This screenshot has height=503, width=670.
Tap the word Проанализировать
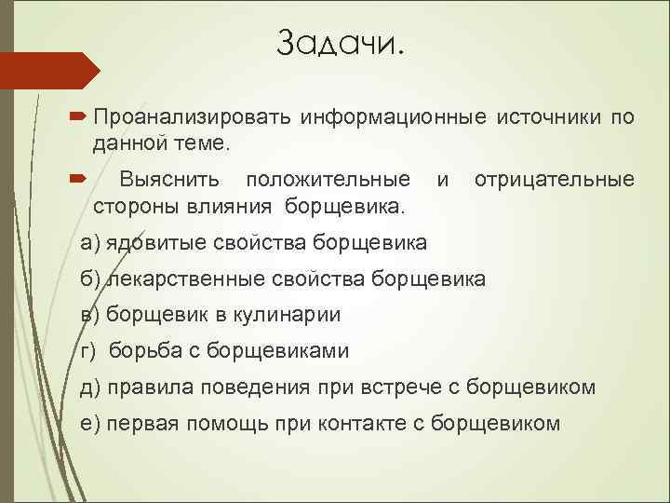tap(194, 118)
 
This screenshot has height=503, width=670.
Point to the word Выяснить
tap(173, 178)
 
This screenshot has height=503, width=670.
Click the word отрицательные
tap(555, 178)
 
